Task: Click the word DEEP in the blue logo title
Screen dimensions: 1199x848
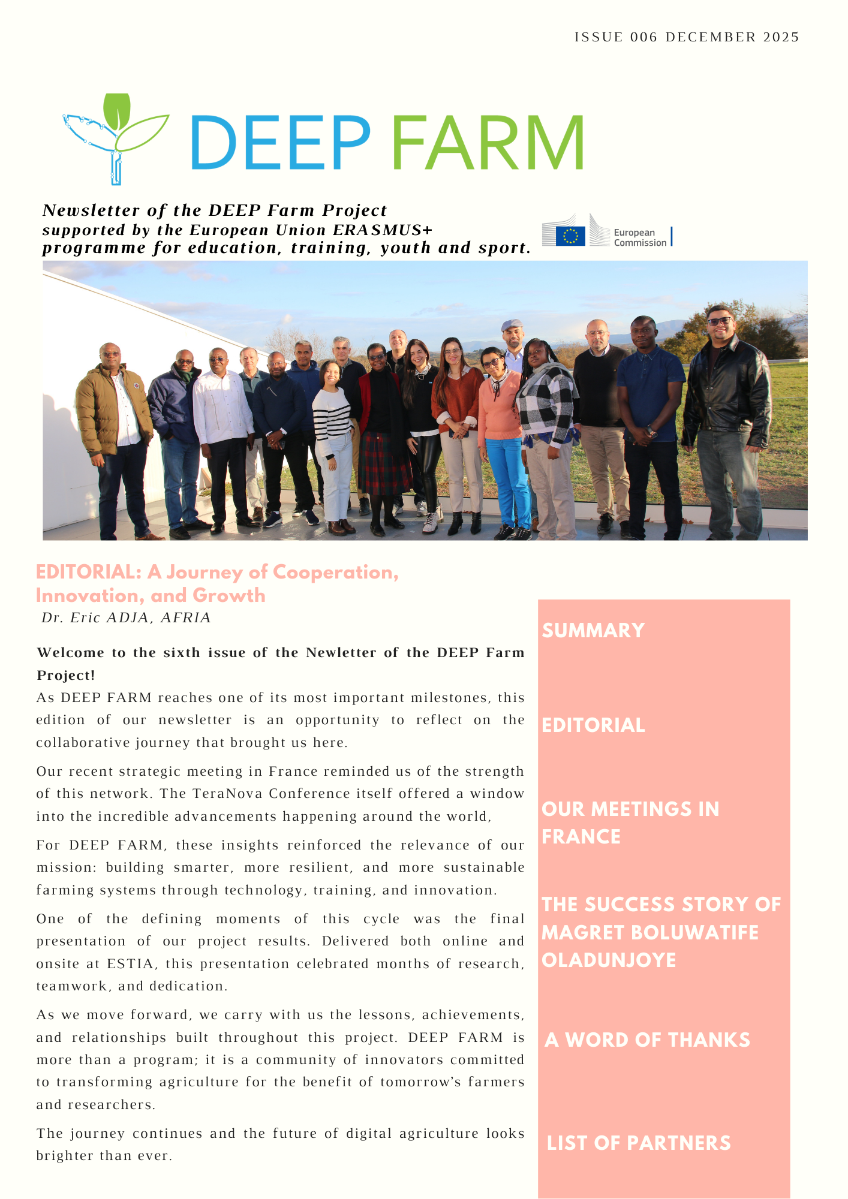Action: [x=280, y=143]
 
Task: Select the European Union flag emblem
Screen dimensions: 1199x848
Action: [x=570, y=236]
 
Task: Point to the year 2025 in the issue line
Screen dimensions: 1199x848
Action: [x=781, y=37]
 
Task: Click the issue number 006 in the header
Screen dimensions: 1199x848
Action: [x=643, y=37]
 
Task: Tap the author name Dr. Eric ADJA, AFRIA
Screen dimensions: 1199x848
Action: [x=126, y=617]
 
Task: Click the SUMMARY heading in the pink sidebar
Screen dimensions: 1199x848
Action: [x=593, y=631]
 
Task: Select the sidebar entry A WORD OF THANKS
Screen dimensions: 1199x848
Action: [x=647, y=1040]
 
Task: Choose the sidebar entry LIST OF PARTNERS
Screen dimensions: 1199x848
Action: [x=639, y=1143]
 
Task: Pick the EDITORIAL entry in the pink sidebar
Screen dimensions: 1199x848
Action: [x=593, y=725]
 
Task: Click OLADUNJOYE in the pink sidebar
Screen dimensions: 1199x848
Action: [x=609, y=960]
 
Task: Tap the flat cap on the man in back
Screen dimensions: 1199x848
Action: [x=512, y=324]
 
